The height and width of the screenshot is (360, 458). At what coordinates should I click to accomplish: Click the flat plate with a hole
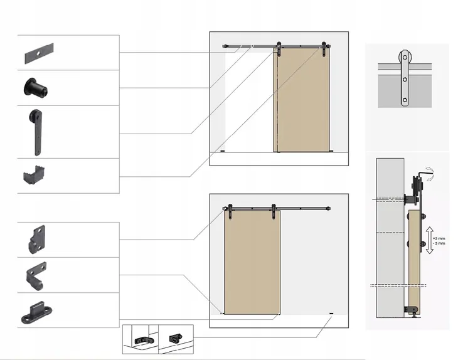pos(39,53)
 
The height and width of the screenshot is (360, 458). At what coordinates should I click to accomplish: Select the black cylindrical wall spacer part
pos(35,87)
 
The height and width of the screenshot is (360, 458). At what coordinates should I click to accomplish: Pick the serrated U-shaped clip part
pos(34,175)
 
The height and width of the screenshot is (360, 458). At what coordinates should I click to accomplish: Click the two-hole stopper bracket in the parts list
pos(37,240)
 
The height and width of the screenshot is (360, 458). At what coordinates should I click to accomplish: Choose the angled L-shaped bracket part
pos(36,276)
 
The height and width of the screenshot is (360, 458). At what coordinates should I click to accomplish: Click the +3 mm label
pos(439,238)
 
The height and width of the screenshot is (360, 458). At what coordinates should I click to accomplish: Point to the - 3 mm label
pos(439,243)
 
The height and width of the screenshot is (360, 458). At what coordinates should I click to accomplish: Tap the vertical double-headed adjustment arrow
pos(429,240)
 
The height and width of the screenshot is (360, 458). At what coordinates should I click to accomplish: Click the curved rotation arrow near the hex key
pos(430,174)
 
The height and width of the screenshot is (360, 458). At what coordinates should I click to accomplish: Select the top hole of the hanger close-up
pos(405,57)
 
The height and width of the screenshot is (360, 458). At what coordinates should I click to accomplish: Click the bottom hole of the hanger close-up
pos(405,100)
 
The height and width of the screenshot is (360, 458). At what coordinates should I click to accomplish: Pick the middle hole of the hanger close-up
pos(405,80)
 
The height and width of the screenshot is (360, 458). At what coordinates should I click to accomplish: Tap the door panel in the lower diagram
pos(252,262)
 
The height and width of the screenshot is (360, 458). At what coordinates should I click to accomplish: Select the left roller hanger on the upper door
pos(279,49)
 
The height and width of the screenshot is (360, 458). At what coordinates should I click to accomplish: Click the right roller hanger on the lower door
pos(274,211)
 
